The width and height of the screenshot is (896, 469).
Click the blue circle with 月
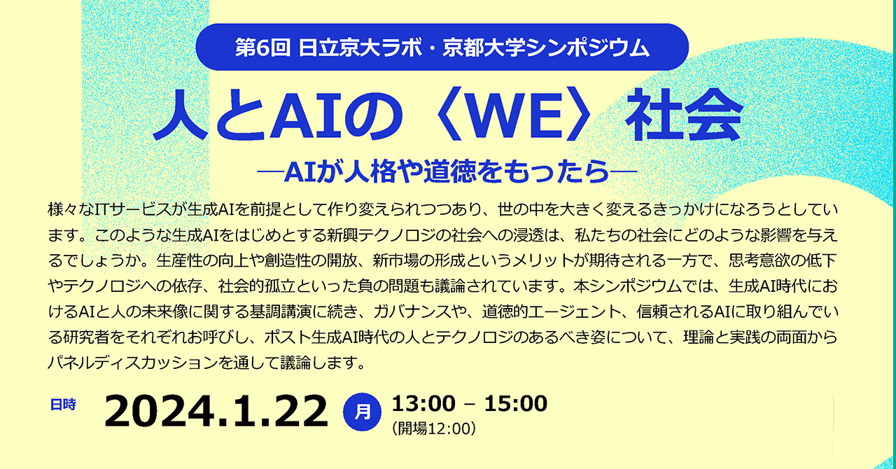pyautogui.click(x=362, y=412)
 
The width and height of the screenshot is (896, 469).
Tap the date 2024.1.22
pyautogui.click(x=216, y=412)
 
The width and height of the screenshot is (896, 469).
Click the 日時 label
pyautogui.click(x=63, y=405)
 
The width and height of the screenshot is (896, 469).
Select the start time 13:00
pyautogui.click(x=423, y=403)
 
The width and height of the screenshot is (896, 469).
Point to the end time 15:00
pyautogui.click(x=516, y=403)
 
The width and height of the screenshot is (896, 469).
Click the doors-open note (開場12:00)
pyautogui.click(x=433, y=428)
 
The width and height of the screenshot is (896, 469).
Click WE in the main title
pyautogui.click(x=514, y=115)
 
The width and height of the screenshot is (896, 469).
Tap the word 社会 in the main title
pyautogui.click(x=685, y=115)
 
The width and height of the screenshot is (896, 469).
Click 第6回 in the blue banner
pyautogui.click(x=262, y=48)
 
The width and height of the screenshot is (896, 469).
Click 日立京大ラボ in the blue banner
pyautogui.click(x=360, y=48)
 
